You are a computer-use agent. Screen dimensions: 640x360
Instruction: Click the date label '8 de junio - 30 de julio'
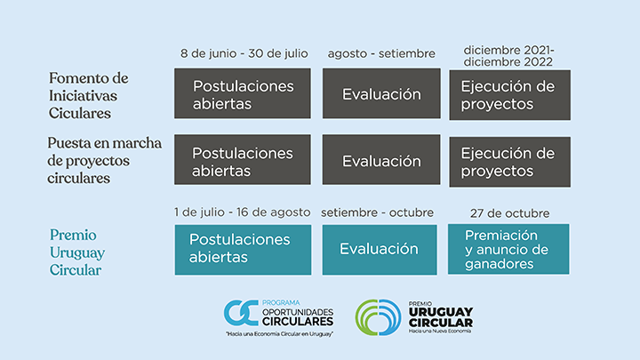pos(244,54)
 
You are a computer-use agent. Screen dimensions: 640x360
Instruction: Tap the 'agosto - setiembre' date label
pos(381,54)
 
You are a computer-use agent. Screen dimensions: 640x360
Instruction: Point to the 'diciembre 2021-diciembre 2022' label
pos(508,56)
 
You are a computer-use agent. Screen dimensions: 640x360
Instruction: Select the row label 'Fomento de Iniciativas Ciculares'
pos(89,95)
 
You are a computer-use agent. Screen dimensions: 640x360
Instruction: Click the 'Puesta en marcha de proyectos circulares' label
pos(105,160)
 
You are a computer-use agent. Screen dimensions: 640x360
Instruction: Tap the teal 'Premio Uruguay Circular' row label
pos(77,252)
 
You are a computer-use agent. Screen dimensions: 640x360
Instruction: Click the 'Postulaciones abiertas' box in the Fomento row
pos(243,93)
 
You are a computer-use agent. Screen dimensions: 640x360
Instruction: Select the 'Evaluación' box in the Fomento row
pos(381,93)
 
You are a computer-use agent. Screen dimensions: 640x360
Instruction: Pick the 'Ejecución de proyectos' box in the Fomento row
pos(510,95)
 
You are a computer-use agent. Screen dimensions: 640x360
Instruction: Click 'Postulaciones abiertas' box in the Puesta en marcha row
pos(243,160)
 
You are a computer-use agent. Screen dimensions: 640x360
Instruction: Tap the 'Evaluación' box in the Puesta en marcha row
pos(381,160)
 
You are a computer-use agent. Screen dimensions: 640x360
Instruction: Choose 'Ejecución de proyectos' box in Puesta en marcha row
pos(510,162)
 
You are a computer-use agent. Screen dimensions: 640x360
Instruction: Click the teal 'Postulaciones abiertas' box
pos(243,250)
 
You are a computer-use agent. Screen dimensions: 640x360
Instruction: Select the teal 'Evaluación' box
pos(380,250)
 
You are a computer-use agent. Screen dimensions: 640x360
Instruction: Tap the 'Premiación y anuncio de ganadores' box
pos(508,249)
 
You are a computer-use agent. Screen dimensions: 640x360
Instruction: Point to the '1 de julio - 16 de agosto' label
pos(242,212)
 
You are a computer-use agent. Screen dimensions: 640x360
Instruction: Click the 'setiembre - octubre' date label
pos(377,212)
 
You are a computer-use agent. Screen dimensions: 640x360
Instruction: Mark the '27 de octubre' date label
pos(509,213)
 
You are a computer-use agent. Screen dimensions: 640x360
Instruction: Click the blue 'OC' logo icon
pos(241,313)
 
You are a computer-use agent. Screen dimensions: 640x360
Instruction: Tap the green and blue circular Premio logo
pos(379,317)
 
